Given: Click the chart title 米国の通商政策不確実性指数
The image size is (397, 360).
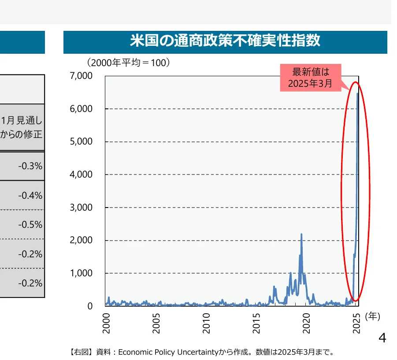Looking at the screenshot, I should click(x=225, y=41).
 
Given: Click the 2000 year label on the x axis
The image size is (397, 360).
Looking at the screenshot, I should click(x=106, y=323).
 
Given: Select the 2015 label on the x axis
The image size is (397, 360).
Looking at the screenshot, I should click(x=256, y=323).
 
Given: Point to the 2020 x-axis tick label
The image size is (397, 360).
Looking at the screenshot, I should click(x=307, y=323).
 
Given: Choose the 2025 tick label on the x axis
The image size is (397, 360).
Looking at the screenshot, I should click(x=357, y=323).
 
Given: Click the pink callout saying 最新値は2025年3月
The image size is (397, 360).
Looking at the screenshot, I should click(x=311, y=78).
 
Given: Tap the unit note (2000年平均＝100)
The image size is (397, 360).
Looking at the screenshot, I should click(x=128, y=63).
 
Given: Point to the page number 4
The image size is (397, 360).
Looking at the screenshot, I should click(x=382, y=338).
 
